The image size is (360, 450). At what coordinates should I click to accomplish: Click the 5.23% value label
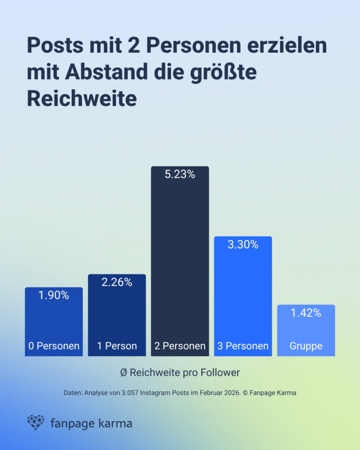coord(179,174)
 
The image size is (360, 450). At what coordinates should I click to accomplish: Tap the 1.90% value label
coord(54,295)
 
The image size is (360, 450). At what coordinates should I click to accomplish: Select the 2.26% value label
coord(116,282)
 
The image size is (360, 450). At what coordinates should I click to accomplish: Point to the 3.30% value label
coord(243,245)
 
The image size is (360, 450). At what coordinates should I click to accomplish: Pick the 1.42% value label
coord(305,313)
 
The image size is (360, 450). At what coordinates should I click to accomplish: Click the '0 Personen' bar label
coord(54,346)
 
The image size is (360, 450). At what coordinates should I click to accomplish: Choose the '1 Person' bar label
coord(116,346)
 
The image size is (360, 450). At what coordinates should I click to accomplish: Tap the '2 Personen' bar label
coord(180,346)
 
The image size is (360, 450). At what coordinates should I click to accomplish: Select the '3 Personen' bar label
coord(243,346)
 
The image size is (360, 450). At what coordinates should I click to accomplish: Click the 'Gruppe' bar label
coord(305,346)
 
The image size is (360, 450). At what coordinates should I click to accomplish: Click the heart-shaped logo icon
coord(36,422)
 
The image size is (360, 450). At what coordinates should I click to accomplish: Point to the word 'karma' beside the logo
coord(113,424)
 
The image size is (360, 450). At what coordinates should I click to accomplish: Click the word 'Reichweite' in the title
coord(82,99)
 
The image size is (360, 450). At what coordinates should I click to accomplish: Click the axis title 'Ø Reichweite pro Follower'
coord(180,373)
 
